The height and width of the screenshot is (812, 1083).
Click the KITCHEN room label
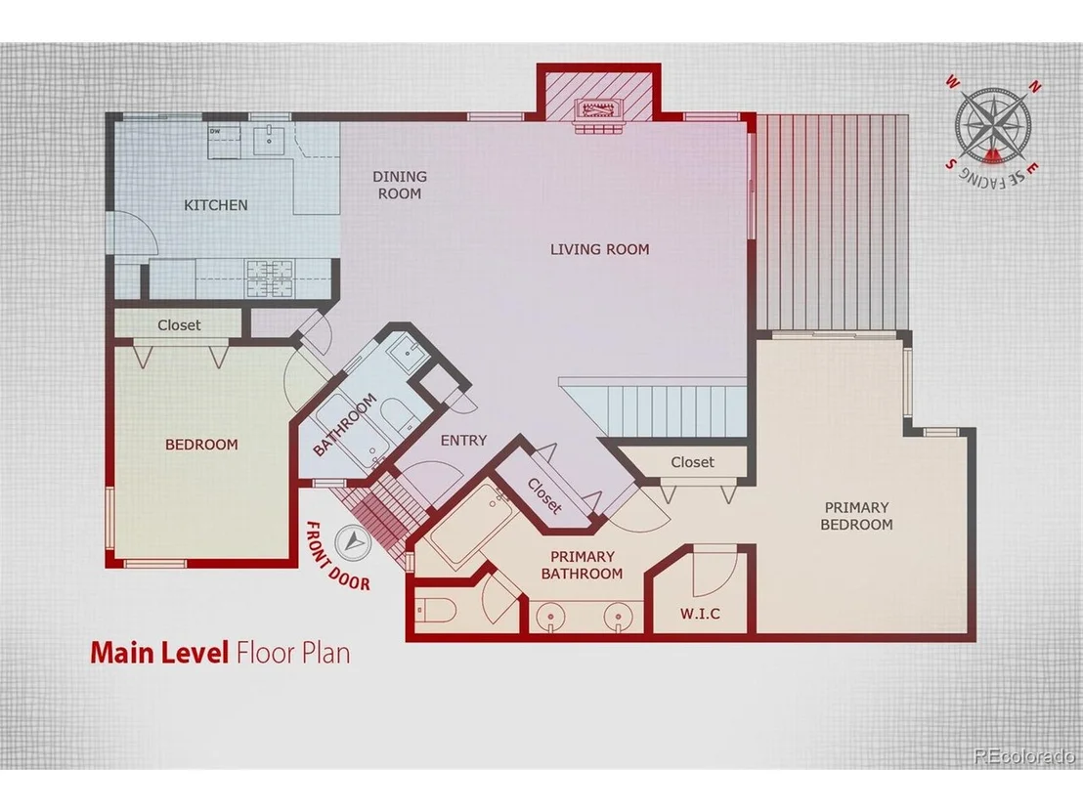pos(215,205)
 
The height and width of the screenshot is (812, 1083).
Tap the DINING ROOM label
pos(400,185)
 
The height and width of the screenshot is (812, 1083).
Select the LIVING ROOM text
pos(599,249)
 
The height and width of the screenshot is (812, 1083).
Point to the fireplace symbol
pos(599,110)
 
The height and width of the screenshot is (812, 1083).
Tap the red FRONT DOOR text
pos(338,556)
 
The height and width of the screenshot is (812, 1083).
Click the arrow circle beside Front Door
pos(355,542)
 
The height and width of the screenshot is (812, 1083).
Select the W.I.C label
pos(700,613)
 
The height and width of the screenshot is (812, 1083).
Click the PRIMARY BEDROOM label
pos(856,516)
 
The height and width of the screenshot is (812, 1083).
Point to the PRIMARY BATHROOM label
pos(582,565)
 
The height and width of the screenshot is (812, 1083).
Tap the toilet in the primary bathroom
pos(434,610)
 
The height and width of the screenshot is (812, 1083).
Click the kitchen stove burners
pos(270,278)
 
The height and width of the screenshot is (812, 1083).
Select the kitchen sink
pos(267,140)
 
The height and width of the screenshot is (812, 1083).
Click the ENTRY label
pos(463,441)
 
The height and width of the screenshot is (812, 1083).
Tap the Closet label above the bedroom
pos(179,324)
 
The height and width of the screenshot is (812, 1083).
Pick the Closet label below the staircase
pos(692,462)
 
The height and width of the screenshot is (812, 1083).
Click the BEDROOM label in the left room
pos(201,445)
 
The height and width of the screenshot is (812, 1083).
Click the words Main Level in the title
pos(159,653)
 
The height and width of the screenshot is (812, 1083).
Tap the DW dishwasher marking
pos(214,131)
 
